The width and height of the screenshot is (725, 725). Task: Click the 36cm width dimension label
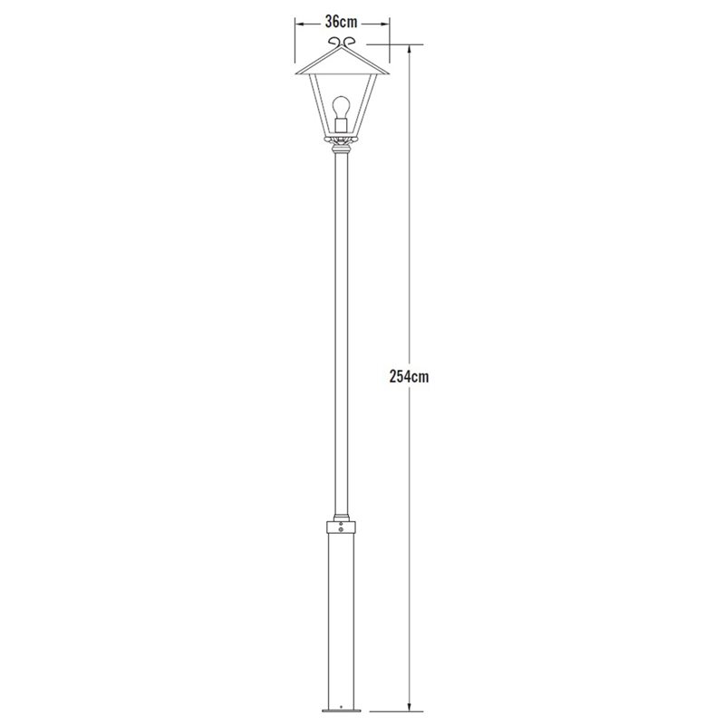coord(342,22)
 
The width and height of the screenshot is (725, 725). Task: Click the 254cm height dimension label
coord(410,376)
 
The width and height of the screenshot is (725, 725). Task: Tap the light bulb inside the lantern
coord(342,107)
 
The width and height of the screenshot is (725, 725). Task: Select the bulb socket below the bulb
coord(342,125)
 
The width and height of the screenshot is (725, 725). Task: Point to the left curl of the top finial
coord(334,42)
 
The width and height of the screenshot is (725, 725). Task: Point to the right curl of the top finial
coord(349,42)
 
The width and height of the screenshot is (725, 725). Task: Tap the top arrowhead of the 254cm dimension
coord(409,50)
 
